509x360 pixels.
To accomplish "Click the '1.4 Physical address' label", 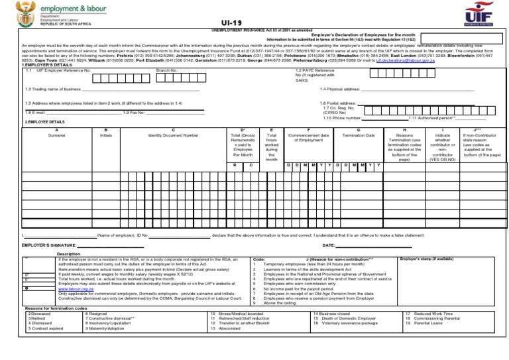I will pyautogui.click(x=339, y=89).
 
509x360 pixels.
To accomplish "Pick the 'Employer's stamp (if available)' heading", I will pyautogui.click(x=426, y=258).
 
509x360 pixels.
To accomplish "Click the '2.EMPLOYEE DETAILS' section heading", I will pyautogui.click(x=44, y=123).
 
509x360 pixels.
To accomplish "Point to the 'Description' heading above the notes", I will pyautogui.click(x=69, y=254).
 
